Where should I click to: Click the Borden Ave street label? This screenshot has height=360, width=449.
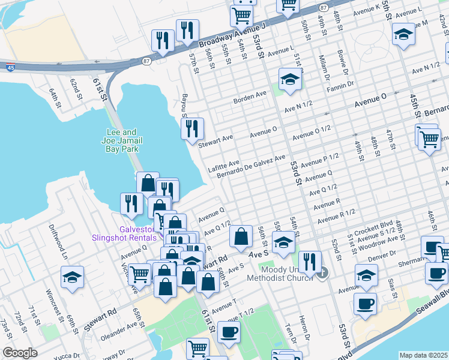pos(250,96)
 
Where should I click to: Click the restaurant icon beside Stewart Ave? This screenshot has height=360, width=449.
pos(192,129)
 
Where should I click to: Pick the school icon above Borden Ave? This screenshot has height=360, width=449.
pos(290,80)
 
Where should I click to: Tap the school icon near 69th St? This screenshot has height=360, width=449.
pos(72,278)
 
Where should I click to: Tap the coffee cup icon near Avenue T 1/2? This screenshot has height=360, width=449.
pos(228,332)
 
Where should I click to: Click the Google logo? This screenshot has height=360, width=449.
pos(20,353)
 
